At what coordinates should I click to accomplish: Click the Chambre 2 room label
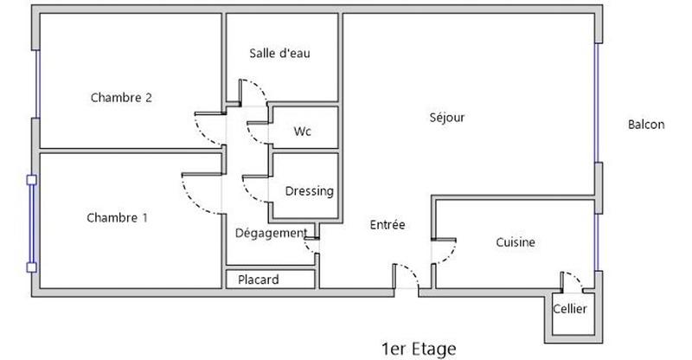[x=121, y=98]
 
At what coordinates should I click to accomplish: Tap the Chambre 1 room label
[x=117, y=218]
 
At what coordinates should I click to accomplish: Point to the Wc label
[x=302, y=132]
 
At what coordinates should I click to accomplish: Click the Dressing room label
[x=309, y=191]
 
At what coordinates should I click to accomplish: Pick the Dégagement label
[x=270, y=233]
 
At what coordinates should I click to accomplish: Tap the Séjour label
[x=447, y=118]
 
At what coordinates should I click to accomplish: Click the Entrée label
[x=388, y=224]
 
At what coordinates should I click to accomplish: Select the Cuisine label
[x=516, y=243]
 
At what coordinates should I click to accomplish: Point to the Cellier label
[x=570, y=308]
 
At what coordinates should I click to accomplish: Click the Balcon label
[x=646, y=125]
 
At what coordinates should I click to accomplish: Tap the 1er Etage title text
[x=418, y=348]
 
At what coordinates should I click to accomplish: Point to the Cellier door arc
[x=574, y=279]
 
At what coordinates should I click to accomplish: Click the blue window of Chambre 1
[x=31, y=223]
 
